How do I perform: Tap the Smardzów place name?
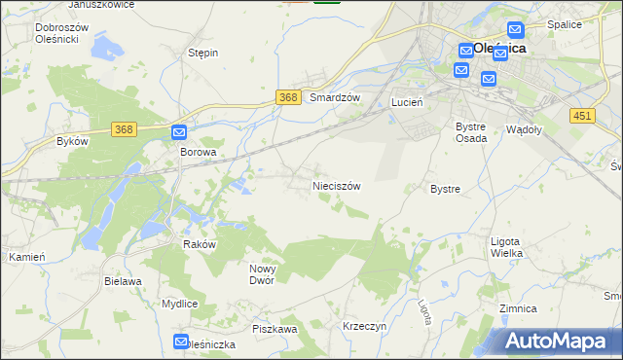pyautogui.click(x=335, y=98)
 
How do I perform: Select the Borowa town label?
pyautogui.click(x=197, y=153)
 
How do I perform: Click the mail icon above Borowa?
pyautogui.click(x=180, y=132)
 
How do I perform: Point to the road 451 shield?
pyautogui.click(x=582, y=116)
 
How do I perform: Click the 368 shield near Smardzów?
pyautogui.click(x=287, y=97)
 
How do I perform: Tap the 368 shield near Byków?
pyautogui.click(x=123, y=129)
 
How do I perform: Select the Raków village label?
pyautogui.click(x=199, y=245)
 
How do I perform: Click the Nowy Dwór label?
pyautogui.click(x=263, y=274)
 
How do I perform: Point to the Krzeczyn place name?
pyautogui.click(x=366, y=327)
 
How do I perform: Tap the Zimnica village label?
pyautogui.click(x=518, y=308)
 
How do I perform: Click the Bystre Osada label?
pyautogui.click(x=471, y=132)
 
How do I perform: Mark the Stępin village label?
pyautogui.click(x=202, y=53)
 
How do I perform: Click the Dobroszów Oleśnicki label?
pyautogui.click(x=61, y=34)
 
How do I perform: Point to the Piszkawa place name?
pyautogui.click(x=275, y=329)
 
